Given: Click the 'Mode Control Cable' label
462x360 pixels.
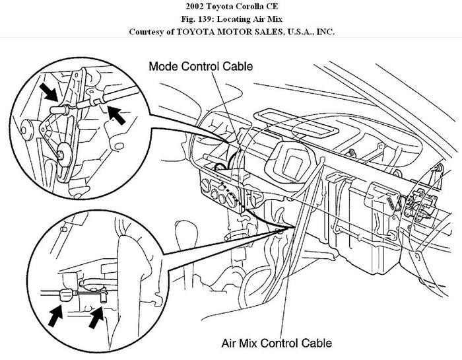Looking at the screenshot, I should tap(201, 67).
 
